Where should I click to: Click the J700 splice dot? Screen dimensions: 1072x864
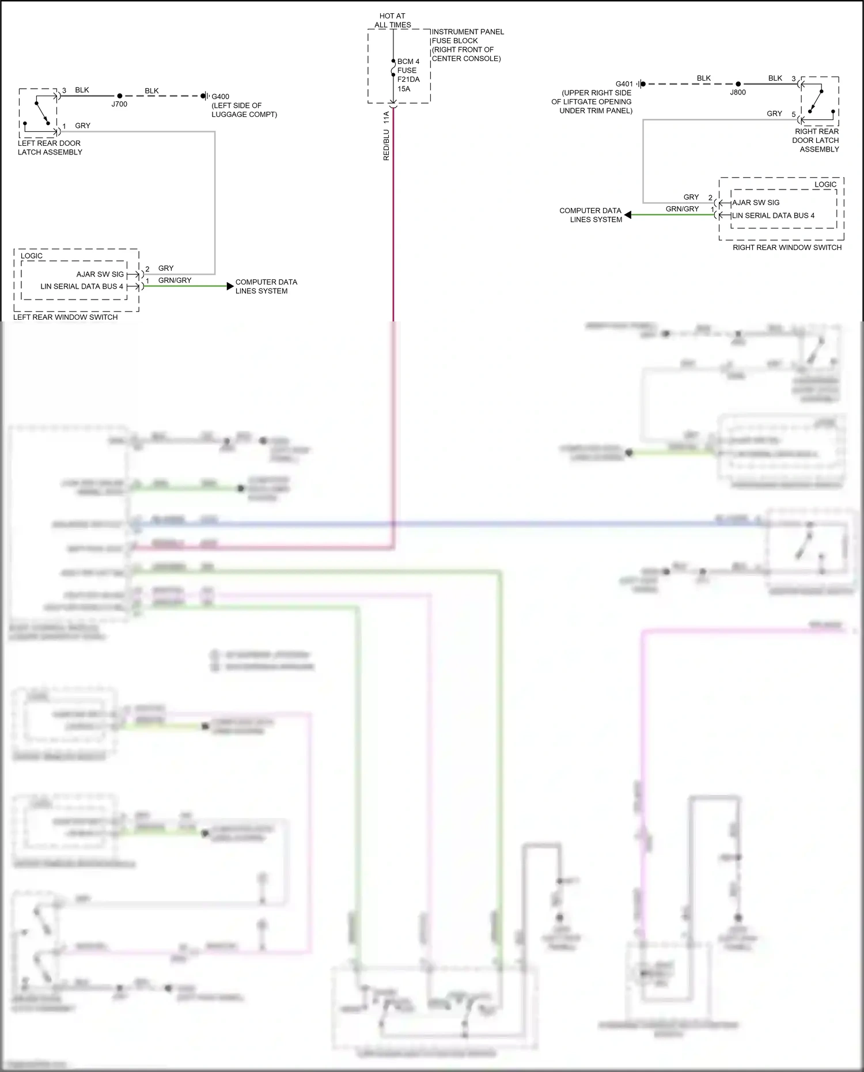click(120, 96)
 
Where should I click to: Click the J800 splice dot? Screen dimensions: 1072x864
click(738, 84)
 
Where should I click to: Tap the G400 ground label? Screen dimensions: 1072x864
click(220, 97)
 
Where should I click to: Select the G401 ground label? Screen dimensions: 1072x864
click(624, 84)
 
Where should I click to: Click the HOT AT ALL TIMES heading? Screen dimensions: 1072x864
click(393, 20)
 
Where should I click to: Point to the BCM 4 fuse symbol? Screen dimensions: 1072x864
click(393, 71)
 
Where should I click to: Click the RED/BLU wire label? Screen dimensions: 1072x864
click(386, 144)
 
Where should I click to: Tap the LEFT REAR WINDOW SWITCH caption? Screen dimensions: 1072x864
click(65, 317)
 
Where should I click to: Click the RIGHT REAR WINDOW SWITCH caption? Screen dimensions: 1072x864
click(787, 248)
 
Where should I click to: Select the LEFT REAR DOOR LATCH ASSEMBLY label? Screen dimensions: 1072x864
click(50, 147)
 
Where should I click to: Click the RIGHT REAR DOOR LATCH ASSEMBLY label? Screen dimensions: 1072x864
click(816, 140)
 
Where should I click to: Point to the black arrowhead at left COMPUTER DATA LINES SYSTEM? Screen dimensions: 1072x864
click(230, 286)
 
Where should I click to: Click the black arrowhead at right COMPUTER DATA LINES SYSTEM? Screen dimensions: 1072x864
click(628, 215)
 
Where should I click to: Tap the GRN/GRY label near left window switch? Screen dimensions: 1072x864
click(175, 281)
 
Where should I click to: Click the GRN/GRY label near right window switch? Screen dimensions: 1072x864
click(682, 209)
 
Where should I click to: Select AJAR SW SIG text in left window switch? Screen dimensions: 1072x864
click(100, 274)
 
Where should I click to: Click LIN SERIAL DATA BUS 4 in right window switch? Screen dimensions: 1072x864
click(773, 215)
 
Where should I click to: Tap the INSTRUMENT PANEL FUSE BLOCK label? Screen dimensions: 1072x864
click(467, 45)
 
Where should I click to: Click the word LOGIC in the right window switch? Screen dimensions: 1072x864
click(825, 185)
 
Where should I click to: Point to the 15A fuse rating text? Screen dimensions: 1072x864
click(404, 89)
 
